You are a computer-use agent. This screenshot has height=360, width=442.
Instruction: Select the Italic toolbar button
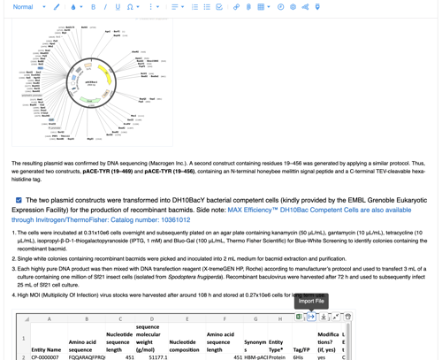pyautogui.click(x=105, y=7)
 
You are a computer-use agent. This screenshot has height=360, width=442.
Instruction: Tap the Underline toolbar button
pyautogui.click(x=118, y=7)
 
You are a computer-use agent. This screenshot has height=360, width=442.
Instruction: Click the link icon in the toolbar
pyautogui.click(x=236, y=7)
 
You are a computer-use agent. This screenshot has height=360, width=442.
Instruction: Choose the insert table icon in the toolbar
pyautogui.click(x=262, y=7)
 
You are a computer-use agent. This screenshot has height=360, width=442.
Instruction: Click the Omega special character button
pyautogui.click(x=132, y=7)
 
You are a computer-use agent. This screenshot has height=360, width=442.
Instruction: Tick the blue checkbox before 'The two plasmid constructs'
pyautogui.click(x=19, y=201)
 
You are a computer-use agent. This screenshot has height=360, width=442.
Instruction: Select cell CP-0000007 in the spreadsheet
pyautogui.click(x=46, y=357)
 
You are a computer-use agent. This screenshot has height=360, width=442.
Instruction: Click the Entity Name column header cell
pyautogui.click(x=46, y=349)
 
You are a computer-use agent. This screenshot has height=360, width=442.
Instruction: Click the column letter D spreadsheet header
pyautogui.click(x=151, y=319)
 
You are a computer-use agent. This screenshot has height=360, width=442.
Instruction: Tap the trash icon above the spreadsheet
pyautogui.click(x=347, y=317)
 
